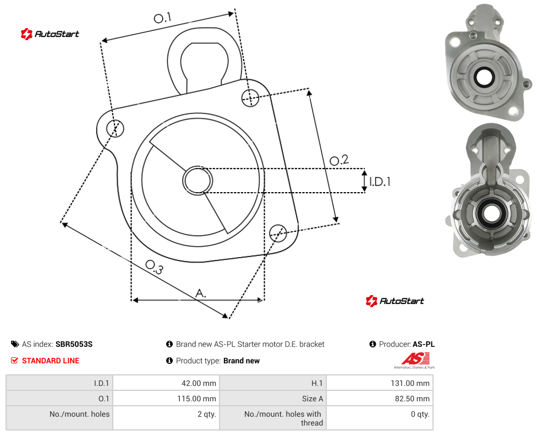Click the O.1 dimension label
click(162, 18)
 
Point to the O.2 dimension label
click(339, 160)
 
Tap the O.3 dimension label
click(154, 267)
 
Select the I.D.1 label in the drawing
click(380, 182)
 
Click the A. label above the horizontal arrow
click(201, 293)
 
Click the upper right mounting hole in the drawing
click(250, 97)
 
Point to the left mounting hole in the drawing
click(115, 128)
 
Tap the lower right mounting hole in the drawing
click(278, 233)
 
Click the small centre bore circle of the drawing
click(198, 181)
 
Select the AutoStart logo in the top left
click(50, 34)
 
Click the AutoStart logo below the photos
click(395, 301)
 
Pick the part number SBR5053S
click(74, 344)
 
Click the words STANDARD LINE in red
click(51, 361)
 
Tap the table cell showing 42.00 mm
click(167, 383)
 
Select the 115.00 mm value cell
click(167, 399)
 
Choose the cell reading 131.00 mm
click(380, 383)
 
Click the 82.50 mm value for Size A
click(380, 399)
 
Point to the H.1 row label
click(317, 383)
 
